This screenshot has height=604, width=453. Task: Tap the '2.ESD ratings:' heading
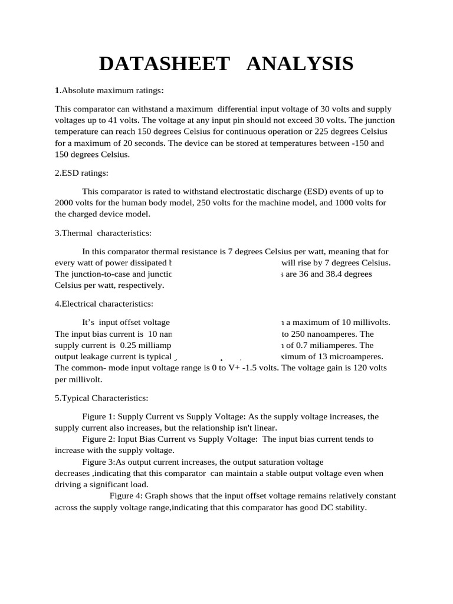click(x=82, y=173)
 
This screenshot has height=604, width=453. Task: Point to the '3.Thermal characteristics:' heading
click(x=103, y=233)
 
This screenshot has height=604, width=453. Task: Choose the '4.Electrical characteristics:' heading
click(x=104, y=304)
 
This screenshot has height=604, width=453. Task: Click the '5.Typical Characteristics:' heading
click(x=101, y=398)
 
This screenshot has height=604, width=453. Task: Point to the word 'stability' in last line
click(x=350, y=507)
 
